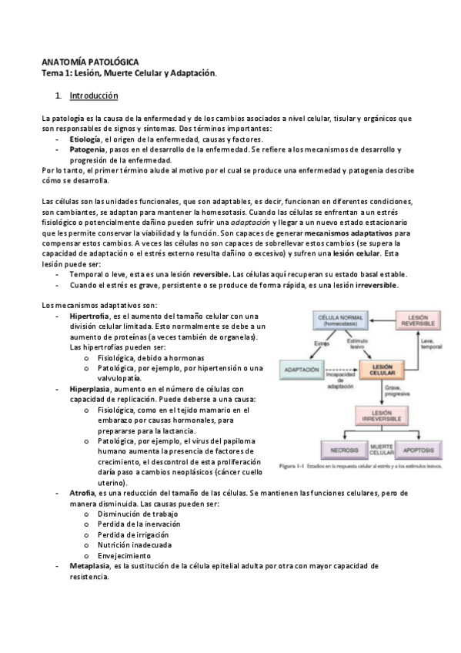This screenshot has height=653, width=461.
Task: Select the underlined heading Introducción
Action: [x=93, y=97]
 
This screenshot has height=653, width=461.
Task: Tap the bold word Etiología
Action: [x=85, y=139]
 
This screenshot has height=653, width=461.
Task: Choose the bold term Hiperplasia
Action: [x=89, y=389]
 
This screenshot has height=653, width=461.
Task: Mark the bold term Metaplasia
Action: [x=89, y=565]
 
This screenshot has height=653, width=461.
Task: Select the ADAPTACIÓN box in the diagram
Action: [x=306, y=370]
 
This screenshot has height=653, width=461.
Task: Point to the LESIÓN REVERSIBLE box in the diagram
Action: [x=420, y=320]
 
